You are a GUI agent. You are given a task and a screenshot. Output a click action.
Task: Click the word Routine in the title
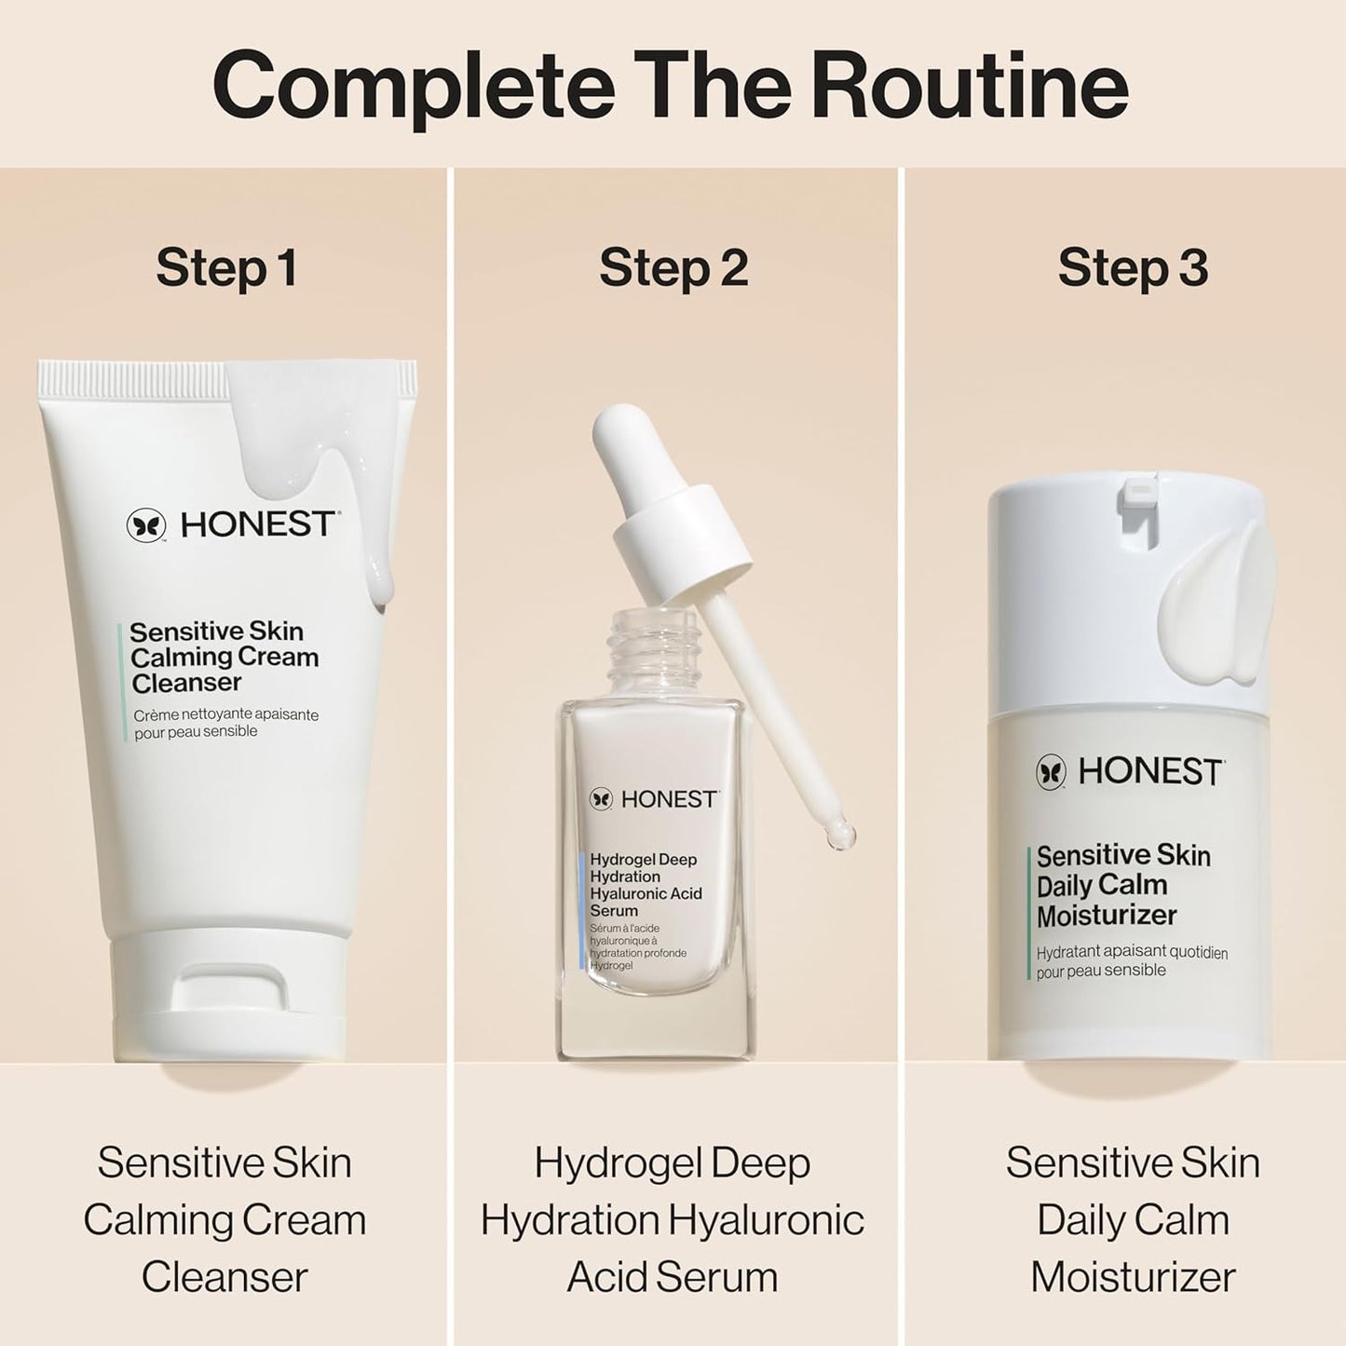pos(969,86)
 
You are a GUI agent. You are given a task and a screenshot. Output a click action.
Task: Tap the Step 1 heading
pos(226,267)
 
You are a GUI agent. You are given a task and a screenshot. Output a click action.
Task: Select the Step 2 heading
pos(673,267)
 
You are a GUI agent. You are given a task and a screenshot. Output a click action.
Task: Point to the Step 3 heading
pos(1133,267)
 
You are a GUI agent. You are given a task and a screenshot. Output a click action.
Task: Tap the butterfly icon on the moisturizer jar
pos(1052,771)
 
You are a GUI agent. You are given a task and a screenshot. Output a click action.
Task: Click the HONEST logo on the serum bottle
pos(654,799)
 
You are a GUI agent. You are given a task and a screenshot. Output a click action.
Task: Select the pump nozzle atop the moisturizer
pos(1142,495)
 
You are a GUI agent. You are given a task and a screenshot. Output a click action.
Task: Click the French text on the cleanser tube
pos(225,723)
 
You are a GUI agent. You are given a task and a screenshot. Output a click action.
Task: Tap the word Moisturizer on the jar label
pos(1107,916)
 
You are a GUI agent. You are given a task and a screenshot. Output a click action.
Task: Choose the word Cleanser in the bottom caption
pos(224,1277)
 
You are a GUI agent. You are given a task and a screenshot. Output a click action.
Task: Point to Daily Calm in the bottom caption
pos(1133,1220)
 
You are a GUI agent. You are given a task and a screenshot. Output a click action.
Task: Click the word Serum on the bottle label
pos(614,911)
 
